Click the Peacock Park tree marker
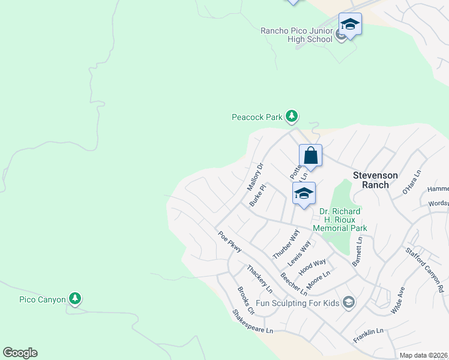pyautogui.click(x=292, y=116)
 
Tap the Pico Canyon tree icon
pyautogui.click(x=74, y=298)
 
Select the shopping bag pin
pyautogui.click(x=311, y=156)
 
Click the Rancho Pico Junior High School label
pyautogui.click(x=296, y=35)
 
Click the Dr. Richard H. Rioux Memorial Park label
pyautogui.click(x=340, y=220)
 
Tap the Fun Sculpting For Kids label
pyautogui.click(x=298, y=303)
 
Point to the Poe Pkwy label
pyautogui.click(x=229, y=242)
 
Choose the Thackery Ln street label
pyautogui.click(x=259, y=279)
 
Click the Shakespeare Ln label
pyautogui.click(x=253, y=322)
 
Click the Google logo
pyautogui.click(x=20, y=353)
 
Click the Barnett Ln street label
pyautogui.click(x=358, y=251)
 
